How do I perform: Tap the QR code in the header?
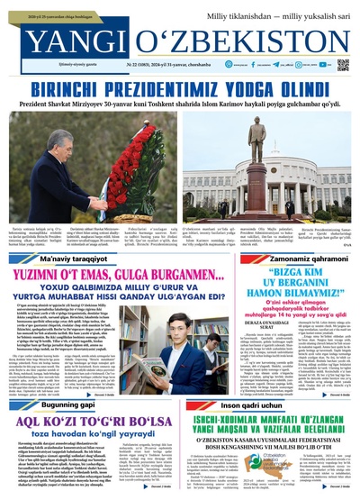tap(342, 66)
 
